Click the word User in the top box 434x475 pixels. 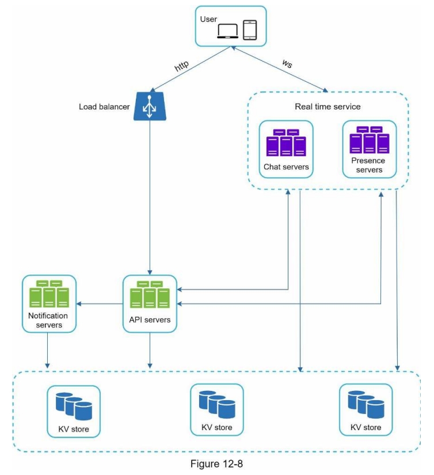tap(208, 19)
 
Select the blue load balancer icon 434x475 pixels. tap(150, 106)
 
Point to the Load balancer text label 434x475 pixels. tap(104, 107)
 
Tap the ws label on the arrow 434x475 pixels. tap(286, 63)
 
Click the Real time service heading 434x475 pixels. tap(328, 106)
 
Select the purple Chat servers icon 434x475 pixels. tap(286, 143)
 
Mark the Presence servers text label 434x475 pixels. tap(368, 165)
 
